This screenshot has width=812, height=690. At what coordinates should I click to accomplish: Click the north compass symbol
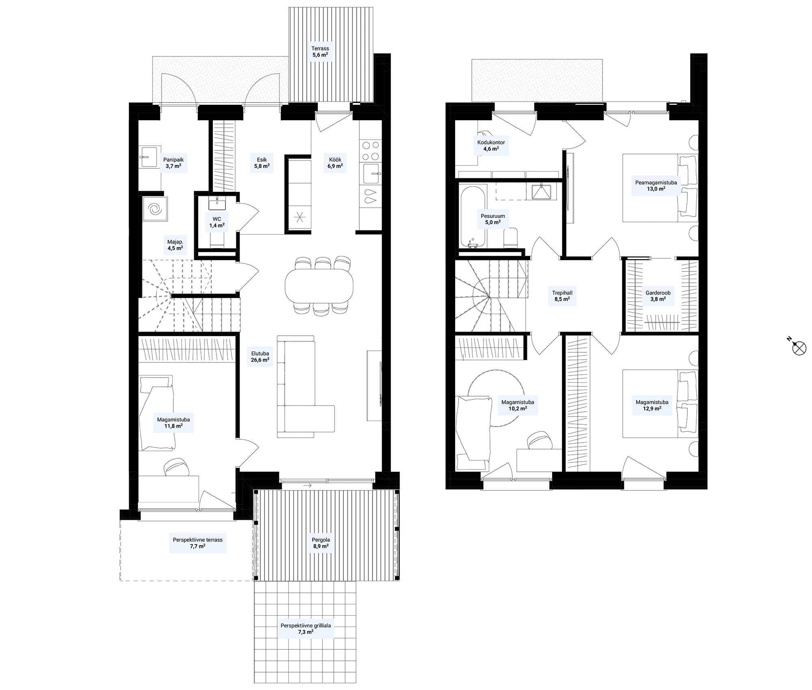pos(799,348)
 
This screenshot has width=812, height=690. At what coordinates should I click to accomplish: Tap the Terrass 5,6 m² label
pos(320,51)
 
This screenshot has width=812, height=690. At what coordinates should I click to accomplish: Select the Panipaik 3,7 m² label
pos(173,163)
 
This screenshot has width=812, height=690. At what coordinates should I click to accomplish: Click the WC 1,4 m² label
pos(217,222)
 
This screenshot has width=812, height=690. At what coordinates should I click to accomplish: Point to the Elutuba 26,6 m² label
pos(260,357)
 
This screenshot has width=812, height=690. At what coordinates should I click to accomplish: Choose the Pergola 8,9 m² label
pos(321,543)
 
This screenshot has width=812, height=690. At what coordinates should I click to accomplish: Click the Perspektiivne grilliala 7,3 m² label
pos(306,629)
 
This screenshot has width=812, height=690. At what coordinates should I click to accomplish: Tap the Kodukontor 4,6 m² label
pos(491,145)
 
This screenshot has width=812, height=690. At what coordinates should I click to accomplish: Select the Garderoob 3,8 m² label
pos(658,296)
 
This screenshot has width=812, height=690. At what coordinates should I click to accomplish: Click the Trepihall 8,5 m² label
pos(562,296)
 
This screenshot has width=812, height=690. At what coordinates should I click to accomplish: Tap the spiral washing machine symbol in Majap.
pos(155,209)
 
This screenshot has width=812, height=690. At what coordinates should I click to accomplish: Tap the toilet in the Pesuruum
pos(510,239)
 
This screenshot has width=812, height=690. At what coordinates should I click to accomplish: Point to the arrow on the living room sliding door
pos(307,485)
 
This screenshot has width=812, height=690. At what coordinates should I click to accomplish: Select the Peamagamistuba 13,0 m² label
pos(656,186)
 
